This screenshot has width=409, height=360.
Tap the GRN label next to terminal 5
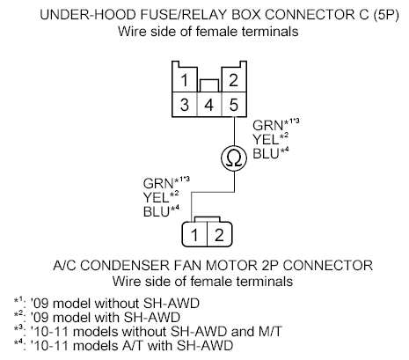point(264,125)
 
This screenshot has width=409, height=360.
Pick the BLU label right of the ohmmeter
point(263,152)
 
